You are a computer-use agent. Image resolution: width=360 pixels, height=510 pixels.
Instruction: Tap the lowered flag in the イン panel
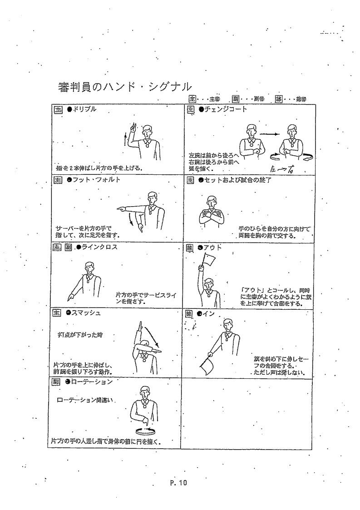(x=206, y=366)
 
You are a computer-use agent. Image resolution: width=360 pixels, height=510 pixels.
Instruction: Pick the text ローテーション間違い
(x=87, y=400)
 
